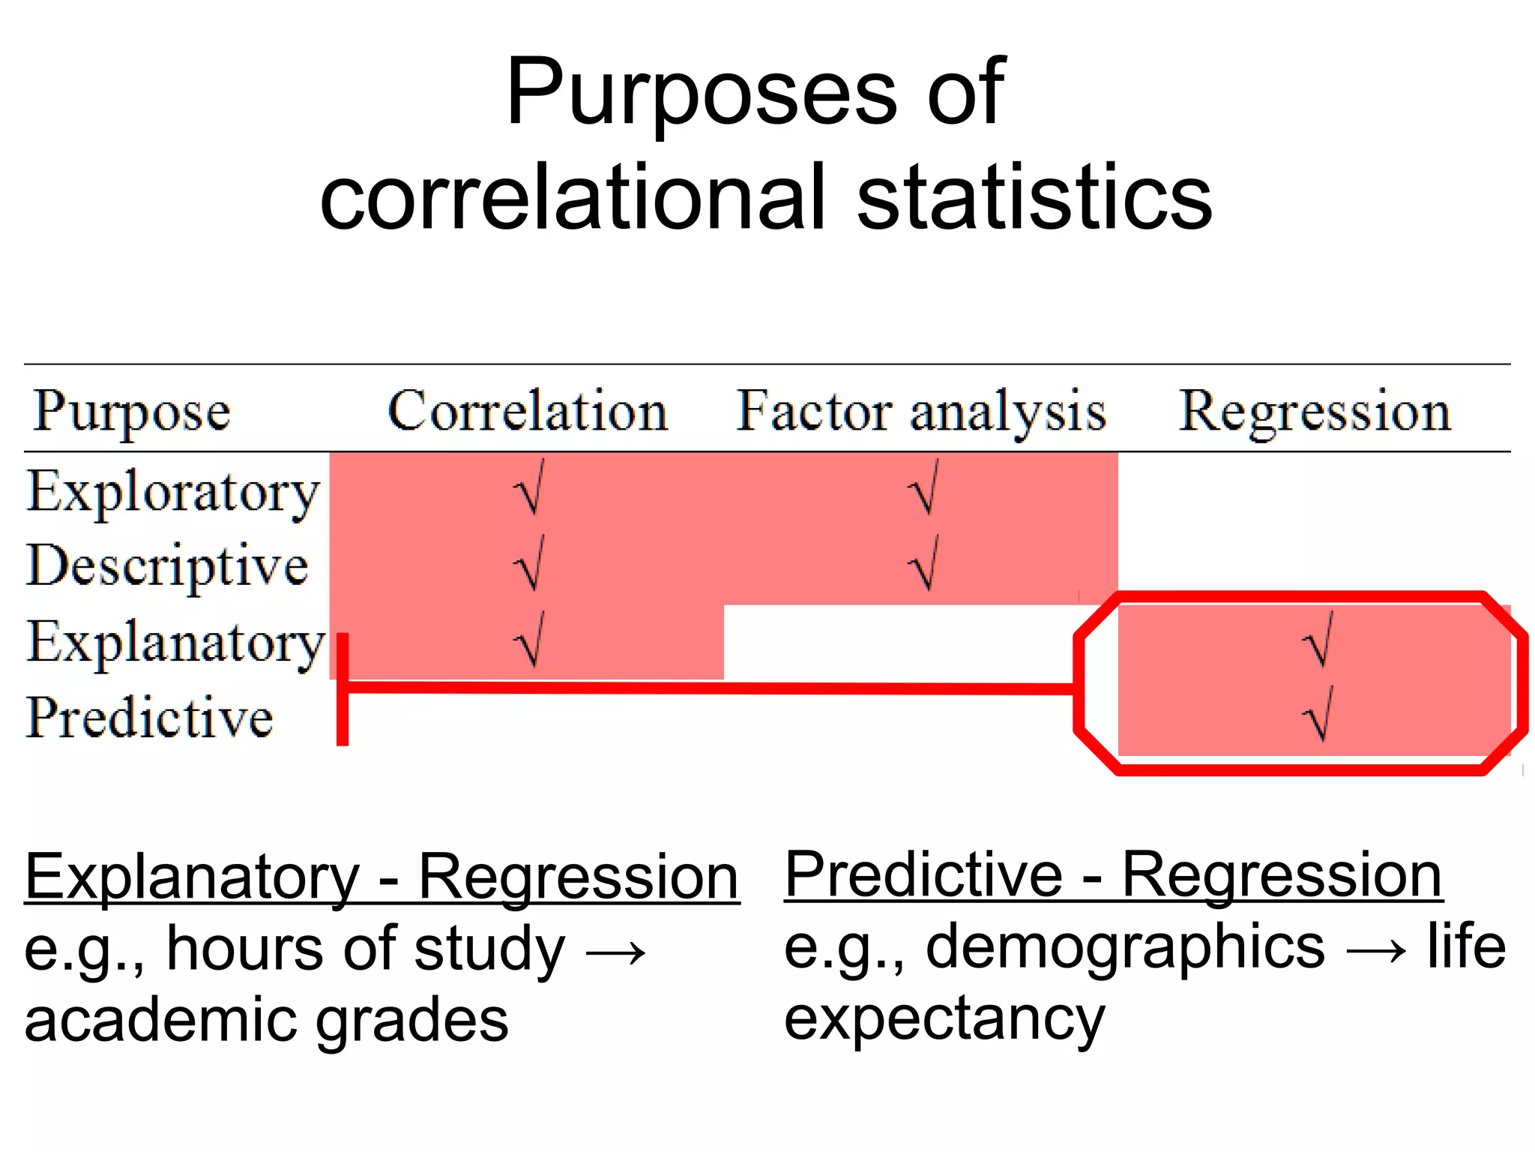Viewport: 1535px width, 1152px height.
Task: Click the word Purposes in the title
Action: click(x=701, y=94)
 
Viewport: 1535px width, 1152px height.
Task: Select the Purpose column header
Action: click(x=131, y=411)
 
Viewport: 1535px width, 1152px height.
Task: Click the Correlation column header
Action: click(x=527, y=411)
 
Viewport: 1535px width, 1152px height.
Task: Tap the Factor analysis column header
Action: click(x=920, y=411)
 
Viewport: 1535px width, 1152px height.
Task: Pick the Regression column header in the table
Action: click(x=1315, y=411)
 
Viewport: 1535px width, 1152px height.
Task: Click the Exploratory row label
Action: click(x=173, y=492)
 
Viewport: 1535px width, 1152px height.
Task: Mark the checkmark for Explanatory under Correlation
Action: click(x=529, y=639)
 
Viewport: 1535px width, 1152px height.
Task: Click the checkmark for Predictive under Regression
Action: click(x=1318, y=713)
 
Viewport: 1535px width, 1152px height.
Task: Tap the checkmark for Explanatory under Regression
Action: click(x=1318, y=639)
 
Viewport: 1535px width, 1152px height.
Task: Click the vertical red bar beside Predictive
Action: click(x=343, y=688)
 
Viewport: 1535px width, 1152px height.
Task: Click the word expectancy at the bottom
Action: click(x=944, y=1020)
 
